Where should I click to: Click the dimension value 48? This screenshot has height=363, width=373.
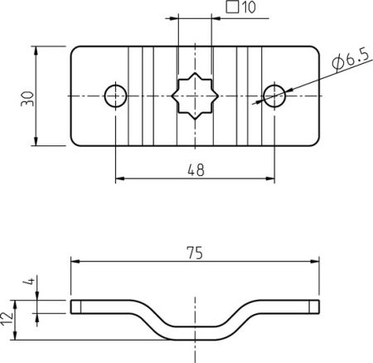click(196, 169)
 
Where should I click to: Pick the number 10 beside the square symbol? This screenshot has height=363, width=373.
click(249, 7)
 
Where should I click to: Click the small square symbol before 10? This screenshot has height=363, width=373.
click(232, 7)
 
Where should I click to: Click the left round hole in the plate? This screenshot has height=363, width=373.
click(115, 96)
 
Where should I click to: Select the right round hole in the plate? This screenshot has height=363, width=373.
click(274, 96)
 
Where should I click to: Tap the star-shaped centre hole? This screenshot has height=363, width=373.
click(195, 96)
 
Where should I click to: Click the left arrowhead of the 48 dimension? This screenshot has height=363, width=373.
click(119, 179)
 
